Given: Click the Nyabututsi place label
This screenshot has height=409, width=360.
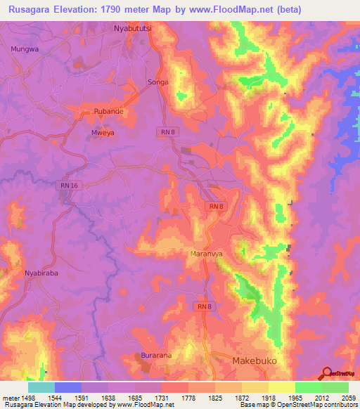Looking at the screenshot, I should click(133, 29).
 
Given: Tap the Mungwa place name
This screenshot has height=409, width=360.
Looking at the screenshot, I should click(25, 49).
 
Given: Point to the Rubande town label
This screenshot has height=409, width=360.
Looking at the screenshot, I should click(109, 111).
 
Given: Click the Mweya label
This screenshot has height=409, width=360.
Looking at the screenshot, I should click(103, 131).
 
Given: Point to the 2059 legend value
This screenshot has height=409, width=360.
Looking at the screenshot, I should click(348, 396).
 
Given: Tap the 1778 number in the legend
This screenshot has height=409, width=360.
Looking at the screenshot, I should click(188, 396).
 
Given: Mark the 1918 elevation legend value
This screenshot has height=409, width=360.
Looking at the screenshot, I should click(268, 396).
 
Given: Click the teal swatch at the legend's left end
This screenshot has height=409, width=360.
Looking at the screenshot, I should click(41, 387).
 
